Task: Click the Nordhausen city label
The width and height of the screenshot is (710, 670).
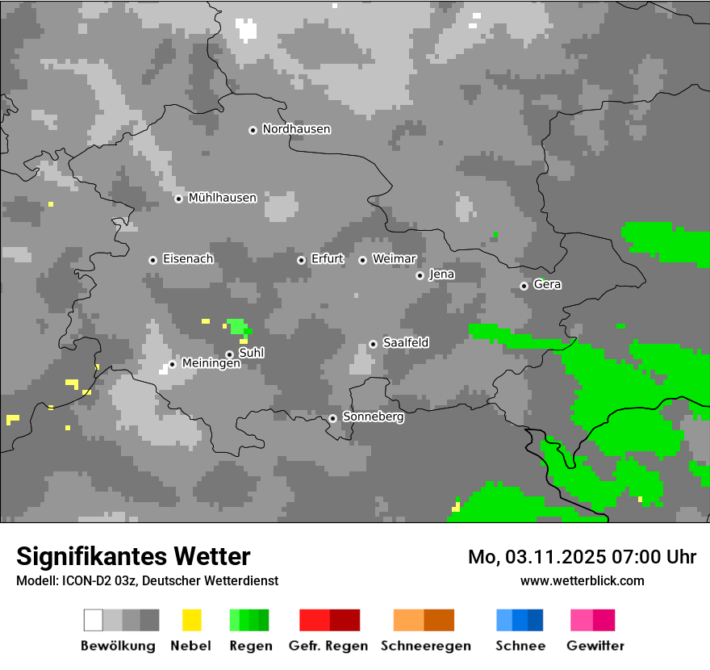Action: [296, 129]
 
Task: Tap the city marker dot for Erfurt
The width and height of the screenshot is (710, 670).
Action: [301, 260]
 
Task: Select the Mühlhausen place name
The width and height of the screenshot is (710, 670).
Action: [222, 198]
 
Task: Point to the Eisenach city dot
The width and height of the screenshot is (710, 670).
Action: [152, 260]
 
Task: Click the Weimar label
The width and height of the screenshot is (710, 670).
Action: [394, 259]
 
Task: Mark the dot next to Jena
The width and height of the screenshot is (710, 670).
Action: [420, 275]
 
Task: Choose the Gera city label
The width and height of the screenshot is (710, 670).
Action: [547, 285]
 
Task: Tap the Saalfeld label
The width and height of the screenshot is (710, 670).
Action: [405, 343]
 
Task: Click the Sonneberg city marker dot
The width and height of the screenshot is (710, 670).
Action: [332, 418]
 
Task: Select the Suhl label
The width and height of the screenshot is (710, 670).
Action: [251, 353]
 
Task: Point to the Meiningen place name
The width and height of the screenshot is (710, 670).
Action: [211, 364]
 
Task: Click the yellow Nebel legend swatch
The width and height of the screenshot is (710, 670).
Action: [191, 620]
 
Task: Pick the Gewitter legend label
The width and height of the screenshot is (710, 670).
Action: [595, 646]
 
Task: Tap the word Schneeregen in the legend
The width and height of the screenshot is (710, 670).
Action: [424, 646]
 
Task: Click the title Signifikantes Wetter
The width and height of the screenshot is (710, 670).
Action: [133, 556]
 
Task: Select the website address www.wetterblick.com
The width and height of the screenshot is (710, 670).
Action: [582, 580]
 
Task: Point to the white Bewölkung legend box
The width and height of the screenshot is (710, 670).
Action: [94, 620]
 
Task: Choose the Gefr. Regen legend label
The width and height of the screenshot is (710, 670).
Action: [328, 646]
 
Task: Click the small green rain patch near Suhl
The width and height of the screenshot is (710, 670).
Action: [236, 326]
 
